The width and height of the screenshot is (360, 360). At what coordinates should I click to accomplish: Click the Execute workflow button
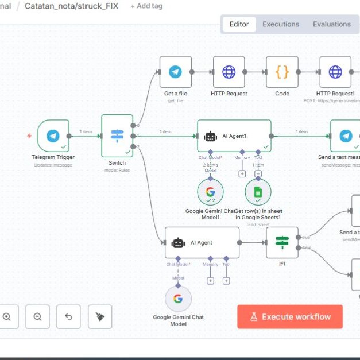tap(290, 316)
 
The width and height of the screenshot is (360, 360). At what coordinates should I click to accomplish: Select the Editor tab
tap(239, 24)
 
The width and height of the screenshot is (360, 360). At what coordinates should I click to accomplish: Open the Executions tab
tap(281, 24)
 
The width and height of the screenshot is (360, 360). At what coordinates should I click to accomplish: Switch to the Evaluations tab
tap(331, 24)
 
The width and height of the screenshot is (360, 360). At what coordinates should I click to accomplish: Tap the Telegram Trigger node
tap(53, 136)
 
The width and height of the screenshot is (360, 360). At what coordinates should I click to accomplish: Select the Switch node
tap(117, 136)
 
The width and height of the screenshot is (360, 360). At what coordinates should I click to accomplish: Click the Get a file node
tap(175, 72)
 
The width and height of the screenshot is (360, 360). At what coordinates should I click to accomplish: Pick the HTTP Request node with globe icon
tap(229, 72)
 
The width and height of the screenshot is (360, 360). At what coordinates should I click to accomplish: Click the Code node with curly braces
tap(282, 72)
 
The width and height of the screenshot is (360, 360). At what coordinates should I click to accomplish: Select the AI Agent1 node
tap(234, 136)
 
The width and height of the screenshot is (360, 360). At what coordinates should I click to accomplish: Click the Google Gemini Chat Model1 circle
tap(210, 192)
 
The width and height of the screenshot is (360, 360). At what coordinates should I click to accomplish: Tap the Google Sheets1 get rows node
tap(258, 192)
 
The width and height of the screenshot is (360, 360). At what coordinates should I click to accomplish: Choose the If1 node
tap(282, 242)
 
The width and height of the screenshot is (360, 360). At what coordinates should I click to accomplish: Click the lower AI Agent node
tap(202, 242)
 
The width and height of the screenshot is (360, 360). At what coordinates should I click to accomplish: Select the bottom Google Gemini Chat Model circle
tap(178, 299)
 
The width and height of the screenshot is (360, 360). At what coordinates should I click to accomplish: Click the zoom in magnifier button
tap(7, 316)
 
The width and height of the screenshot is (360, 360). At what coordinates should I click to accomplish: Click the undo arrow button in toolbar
tap(69, 316)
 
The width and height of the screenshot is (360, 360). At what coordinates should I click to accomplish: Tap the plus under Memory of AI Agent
tap(210, 281)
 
